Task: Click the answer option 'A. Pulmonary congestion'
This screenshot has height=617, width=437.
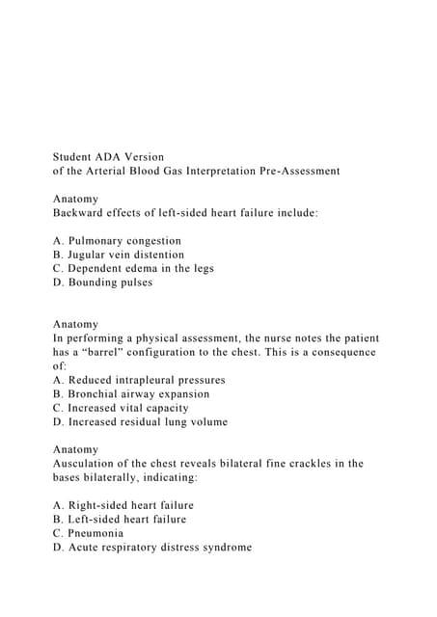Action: pyautogui.click(x=117, y=241)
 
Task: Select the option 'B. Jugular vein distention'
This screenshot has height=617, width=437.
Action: pyautogui.click(x=119, y=255)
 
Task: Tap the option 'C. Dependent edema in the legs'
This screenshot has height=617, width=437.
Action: pyautogui.click(x=133, y=268)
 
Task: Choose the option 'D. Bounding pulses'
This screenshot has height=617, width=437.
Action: pyautogui.click(x=103, y=282)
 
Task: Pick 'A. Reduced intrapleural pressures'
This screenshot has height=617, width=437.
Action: pyautogui.click(x=139, y=380)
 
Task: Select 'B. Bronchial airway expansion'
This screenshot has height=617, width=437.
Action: pyautogui.click(x=131, y=394)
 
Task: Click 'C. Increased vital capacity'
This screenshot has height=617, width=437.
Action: pyautogui.click(x=121, y=408)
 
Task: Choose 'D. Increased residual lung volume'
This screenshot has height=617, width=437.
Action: pyautogui.click(x=140, y=422)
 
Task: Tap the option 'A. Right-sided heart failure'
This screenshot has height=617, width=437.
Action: pyautogui.click(x=123, y=505)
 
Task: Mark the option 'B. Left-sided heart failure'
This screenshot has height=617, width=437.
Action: pyautogui.click(x=120, y=520)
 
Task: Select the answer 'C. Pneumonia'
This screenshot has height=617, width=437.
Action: pyautogui.click(x=88, y=533)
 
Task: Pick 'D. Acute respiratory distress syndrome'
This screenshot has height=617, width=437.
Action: pyautogui.click(x=152, y=547)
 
